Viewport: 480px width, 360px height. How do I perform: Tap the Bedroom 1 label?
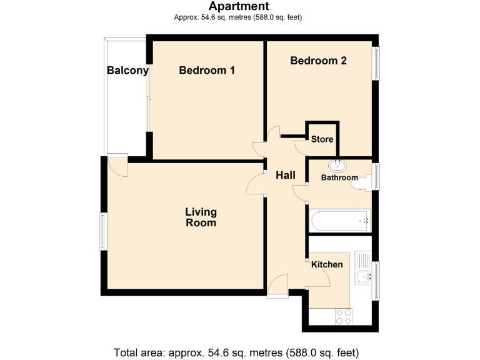coord(206,71)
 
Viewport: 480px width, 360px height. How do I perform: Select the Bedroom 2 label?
coord(318,61)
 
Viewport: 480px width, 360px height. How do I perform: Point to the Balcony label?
coord(127,71)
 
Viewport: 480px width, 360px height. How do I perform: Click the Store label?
coord(322,139)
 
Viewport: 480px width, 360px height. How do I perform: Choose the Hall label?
coord(286,176)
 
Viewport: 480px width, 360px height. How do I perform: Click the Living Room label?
coord(201,217)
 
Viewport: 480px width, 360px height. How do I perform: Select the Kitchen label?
coord(327,264)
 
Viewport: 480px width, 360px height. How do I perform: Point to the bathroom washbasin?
coord(338,165)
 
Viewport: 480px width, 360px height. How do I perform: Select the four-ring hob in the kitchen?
coord(343,316)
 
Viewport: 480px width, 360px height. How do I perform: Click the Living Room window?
coord(104,232)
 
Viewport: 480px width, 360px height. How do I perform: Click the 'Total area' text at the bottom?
coord(236,351)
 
